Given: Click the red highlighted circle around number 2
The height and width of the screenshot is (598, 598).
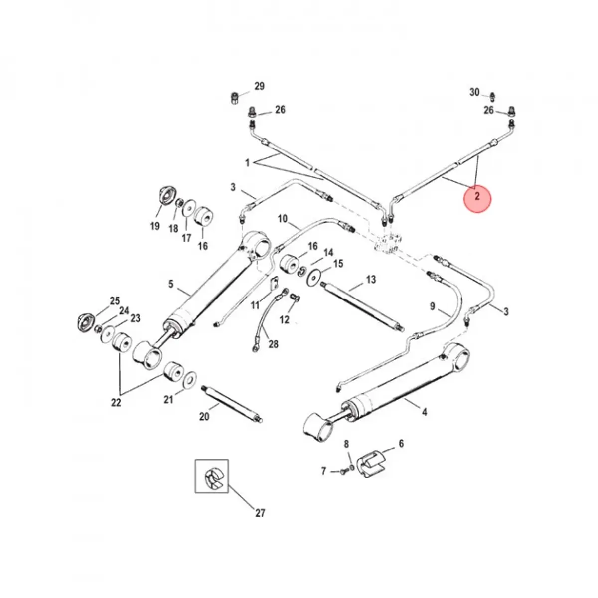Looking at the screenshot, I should pos(477,197).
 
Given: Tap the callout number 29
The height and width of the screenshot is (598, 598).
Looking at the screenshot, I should pos(259,87).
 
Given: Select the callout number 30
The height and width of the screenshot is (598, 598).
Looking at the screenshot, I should pos(474,92).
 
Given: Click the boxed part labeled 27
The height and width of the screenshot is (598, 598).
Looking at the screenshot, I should pos(211,477).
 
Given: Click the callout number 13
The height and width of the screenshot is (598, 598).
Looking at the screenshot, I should pos(371,280).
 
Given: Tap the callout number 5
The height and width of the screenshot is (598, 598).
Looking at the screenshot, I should pos(171,284).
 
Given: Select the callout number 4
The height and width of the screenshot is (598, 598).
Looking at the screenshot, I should pos(424,412).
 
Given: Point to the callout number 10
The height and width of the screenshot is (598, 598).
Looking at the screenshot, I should pos(283,219).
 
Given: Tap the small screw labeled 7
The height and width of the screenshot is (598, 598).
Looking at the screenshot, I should pos(343,471).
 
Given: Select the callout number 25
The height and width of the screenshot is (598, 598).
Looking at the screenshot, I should pos(115,301).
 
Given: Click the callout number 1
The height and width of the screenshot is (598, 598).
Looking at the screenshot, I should pos(247,163).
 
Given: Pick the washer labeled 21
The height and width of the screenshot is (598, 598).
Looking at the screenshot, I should pos(190,380).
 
